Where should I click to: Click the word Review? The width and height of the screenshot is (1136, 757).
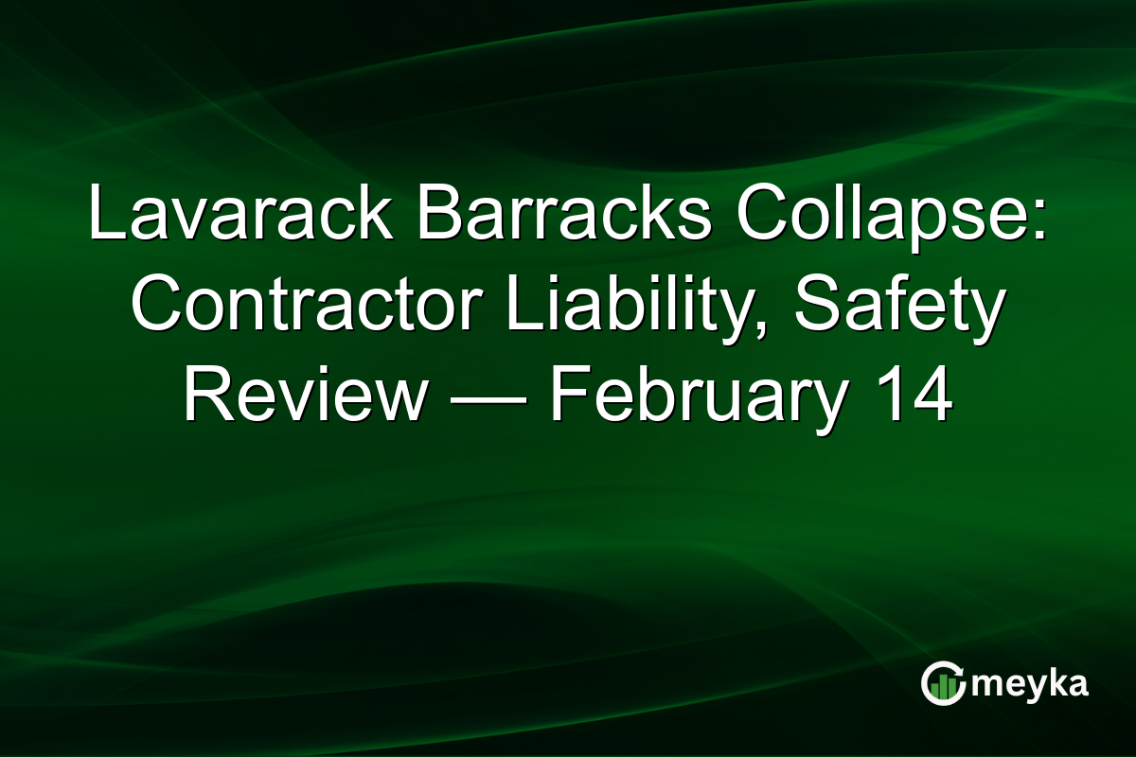click(304, 398)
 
